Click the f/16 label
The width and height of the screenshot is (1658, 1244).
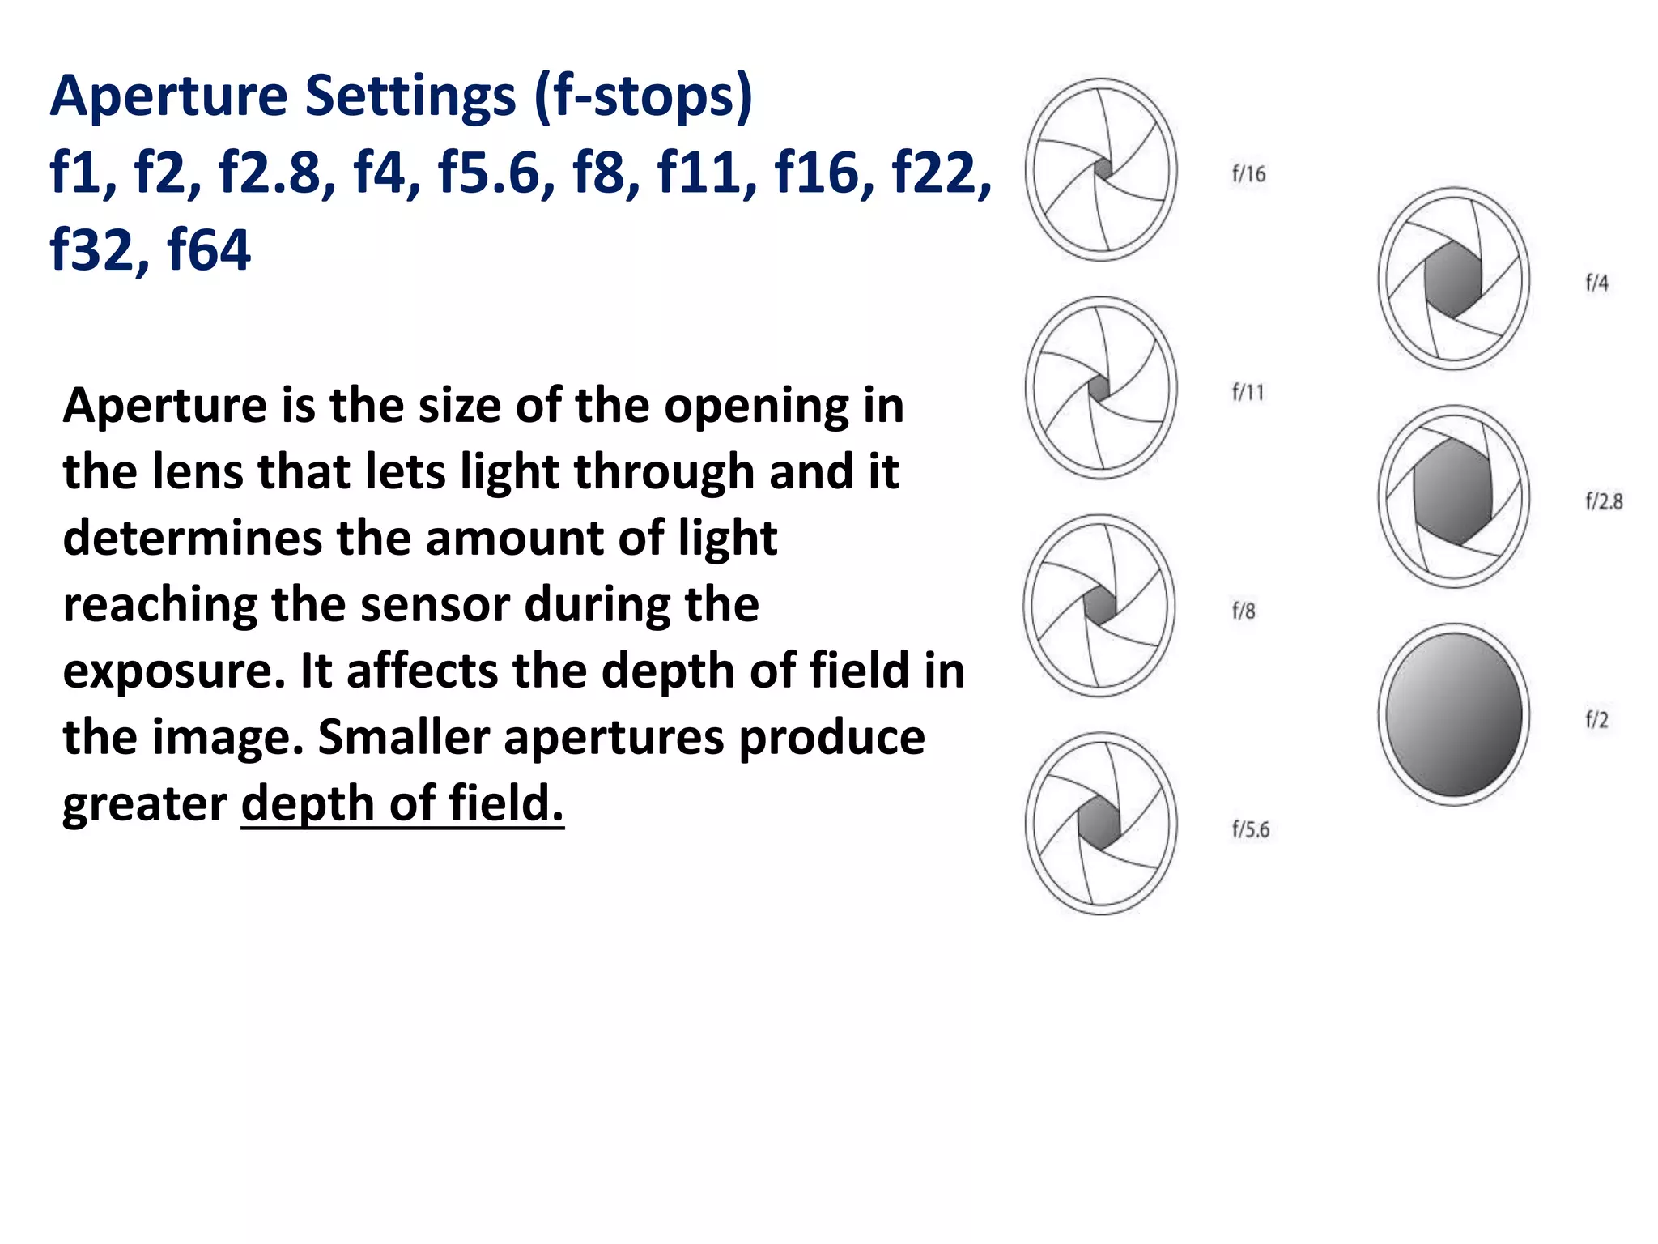coord(1248,174)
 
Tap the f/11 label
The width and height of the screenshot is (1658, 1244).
coord(1248,393)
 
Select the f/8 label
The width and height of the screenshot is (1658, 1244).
coord(1243,611)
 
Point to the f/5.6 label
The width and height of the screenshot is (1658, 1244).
coord(1250,829)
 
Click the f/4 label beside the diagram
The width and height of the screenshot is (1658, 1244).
coord(1596,283)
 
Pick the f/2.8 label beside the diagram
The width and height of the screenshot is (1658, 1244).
coord(1604,502)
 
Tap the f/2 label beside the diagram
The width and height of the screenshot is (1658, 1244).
coord(1596,720)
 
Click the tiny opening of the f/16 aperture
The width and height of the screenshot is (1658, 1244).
coord(1103,169)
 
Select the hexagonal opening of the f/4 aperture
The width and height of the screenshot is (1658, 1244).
coord(1453,279)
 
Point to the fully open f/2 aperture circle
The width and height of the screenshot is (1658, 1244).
coord(1454,715)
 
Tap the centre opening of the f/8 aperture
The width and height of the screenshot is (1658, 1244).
coord(1099,605)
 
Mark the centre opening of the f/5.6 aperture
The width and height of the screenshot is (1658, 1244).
coord(1099,824)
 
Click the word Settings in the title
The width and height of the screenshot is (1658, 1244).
coord(410,96)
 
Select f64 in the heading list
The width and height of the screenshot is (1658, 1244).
coord(209,249)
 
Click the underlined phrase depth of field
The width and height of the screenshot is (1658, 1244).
coord(402,803)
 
